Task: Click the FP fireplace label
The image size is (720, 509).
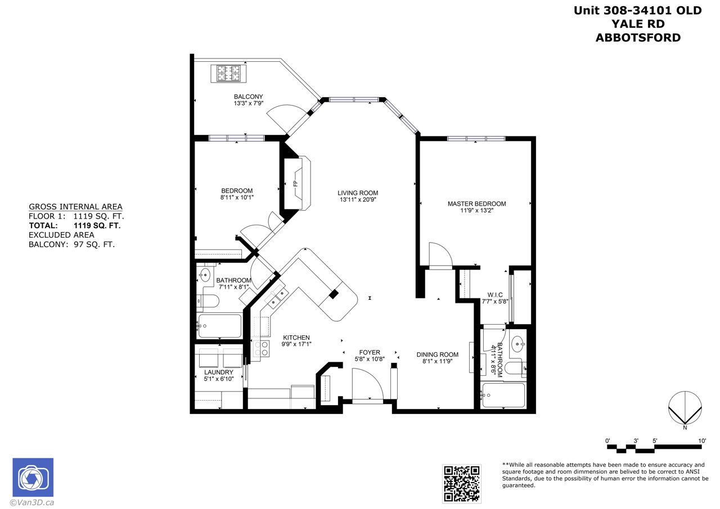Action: pos(296,184)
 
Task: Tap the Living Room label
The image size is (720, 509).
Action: pos(358,193)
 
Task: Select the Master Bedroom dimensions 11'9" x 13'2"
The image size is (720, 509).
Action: pos(476,211)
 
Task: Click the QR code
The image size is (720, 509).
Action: pos(462,484)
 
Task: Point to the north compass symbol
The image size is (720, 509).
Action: pos(685,408)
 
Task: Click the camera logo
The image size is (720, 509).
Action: pos(33,477)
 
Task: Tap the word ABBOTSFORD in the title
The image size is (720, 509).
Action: pos(638,38)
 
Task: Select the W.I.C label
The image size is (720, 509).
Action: pos(495,294)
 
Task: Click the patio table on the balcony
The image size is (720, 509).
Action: pos(228,74)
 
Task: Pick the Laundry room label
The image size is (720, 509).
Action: pos(219,372)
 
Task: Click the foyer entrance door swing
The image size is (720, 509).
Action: pos(368,384)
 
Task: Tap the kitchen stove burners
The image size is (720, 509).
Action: pos(260,348)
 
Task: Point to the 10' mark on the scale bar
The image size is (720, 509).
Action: pos(701,440)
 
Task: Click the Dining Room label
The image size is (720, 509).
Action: pos(438,355)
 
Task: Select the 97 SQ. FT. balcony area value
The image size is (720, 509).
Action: pos(94,244)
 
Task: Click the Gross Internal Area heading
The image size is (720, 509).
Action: pos(75,207)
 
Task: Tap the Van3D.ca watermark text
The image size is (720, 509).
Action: pos(32,503)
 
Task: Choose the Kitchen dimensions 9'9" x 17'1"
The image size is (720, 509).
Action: pos(296,344)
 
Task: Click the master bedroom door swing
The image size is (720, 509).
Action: pos(440,254)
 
